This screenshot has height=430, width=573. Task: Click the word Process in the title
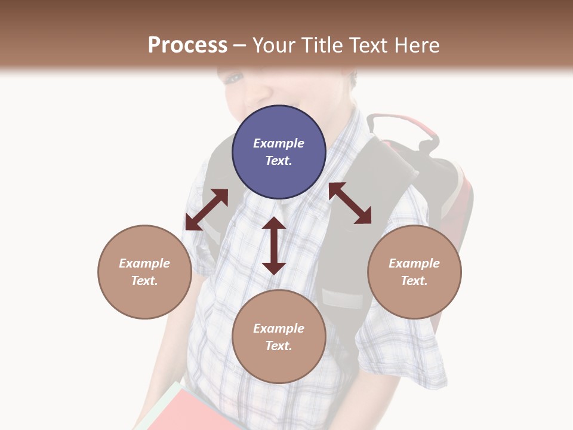187,45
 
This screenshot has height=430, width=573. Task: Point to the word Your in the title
273,45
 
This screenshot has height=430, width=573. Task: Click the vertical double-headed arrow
274,246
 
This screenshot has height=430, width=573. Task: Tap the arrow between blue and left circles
207,210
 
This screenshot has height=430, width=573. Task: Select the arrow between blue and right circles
350,203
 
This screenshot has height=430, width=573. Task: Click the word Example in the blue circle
279,143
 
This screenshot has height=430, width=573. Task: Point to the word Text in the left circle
144,281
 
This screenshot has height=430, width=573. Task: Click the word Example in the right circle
414,263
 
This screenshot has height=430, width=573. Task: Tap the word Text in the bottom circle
279,346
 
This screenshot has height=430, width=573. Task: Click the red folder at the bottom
191,412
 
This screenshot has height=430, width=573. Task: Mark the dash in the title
240,46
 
